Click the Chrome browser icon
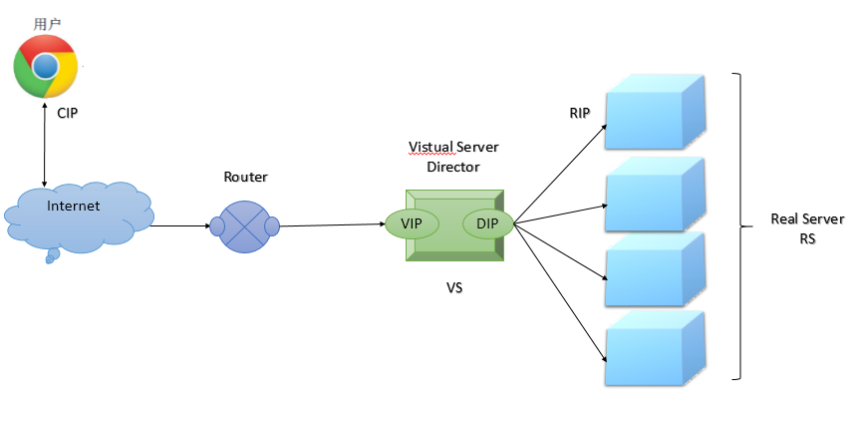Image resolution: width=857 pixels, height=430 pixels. [x=46, y=66]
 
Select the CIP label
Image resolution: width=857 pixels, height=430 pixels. [x=67, y=114]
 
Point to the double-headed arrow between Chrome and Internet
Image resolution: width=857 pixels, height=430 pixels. [x=44, y=146]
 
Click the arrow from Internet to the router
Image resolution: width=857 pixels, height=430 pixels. [x=179, y=225]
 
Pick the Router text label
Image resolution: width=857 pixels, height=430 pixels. [x=245, y=177]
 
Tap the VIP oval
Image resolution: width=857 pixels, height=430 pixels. [x=412, y=223]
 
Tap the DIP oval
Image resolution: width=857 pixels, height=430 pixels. [x=487, y=223]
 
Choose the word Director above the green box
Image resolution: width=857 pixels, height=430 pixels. [x=453, y=167]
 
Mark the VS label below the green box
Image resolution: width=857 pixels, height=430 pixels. [x=454, y=288]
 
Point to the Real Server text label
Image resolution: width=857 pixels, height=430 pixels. [x=807, y=219]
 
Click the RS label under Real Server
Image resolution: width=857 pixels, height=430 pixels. [x=807, y=239]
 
